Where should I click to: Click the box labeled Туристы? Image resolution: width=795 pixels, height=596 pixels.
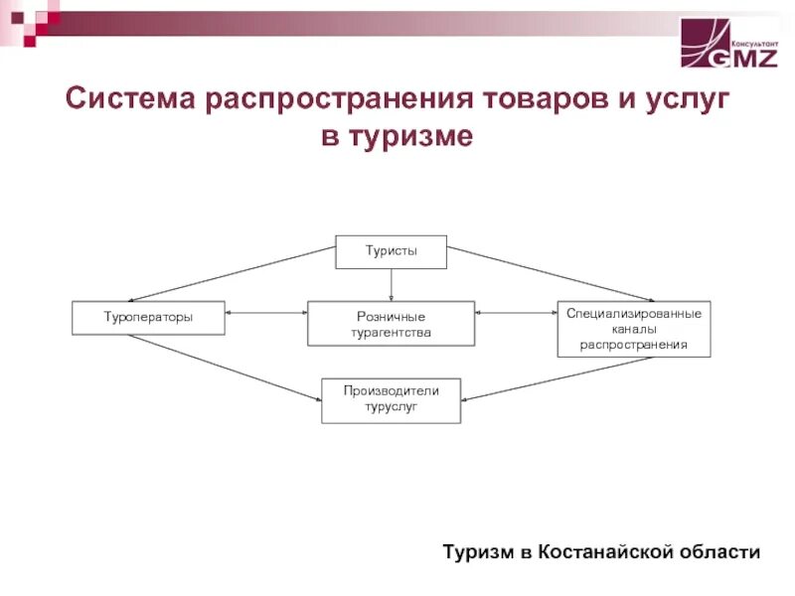pyautogui.click(x=391, y=252)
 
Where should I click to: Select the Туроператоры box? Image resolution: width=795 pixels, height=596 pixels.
pyautogui.click(x=149, y=318)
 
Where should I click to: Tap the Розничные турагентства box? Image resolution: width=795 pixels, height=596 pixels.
pyautogui.click(x=391, y=324)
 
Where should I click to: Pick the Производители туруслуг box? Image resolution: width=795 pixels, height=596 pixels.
pyautogui.click(x=391, y=399)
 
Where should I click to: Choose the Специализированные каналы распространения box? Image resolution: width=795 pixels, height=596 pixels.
pyautogui.click(x=634, y=329)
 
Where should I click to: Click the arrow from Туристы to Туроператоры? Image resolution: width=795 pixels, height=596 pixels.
pyautogui.click(x=234, y=273)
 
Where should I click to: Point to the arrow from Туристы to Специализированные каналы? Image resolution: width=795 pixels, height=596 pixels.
pyautogui.click(x=550, y=273)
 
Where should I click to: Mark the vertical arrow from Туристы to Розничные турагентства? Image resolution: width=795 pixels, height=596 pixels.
pyautogui.click(x=392, y=284)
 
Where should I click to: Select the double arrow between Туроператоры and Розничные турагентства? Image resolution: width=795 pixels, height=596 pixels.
pyautogui.click(x=266, y=314)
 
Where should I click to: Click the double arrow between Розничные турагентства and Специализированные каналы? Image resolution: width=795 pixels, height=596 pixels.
pyautogui.click(x=515, y=314)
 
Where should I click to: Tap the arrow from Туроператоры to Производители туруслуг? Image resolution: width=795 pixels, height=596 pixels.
pyautogui.click(x=225, y=368)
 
